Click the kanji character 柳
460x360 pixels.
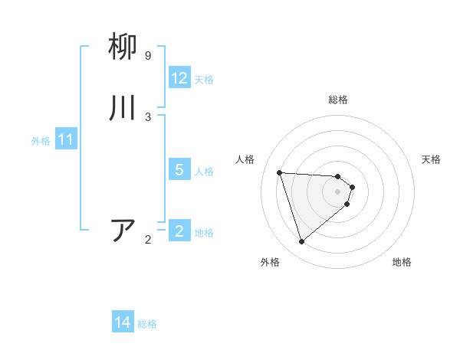tap(124, 47)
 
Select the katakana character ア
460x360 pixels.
tap(124, 231)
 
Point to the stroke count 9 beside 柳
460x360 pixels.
tap(148, 56)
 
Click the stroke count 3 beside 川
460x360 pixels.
tap(148, 116)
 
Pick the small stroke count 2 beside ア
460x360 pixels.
tap(148, 240)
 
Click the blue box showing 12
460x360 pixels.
tap(179, 78)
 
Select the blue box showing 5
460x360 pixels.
tap(179, 170)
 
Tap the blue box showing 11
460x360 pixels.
tap(66, 140)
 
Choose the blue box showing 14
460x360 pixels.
tap(123, 322)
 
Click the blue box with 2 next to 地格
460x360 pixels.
tap(179, 231)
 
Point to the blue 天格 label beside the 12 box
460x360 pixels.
tap(204, 79)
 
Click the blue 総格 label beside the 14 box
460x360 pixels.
tap(147, 324)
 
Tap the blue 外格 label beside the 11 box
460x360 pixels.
tap(41, 141)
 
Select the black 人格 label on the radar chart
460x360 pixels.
tap(245, 159)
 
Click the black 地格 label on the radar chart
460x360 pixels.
tap(402, 262)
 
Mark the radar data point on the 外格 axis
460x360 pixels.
tap(301, 242)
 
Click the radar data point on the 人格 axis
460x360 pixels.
tap(280, 172)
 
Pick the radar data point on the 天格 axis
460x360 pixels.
tap(352, 187)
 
